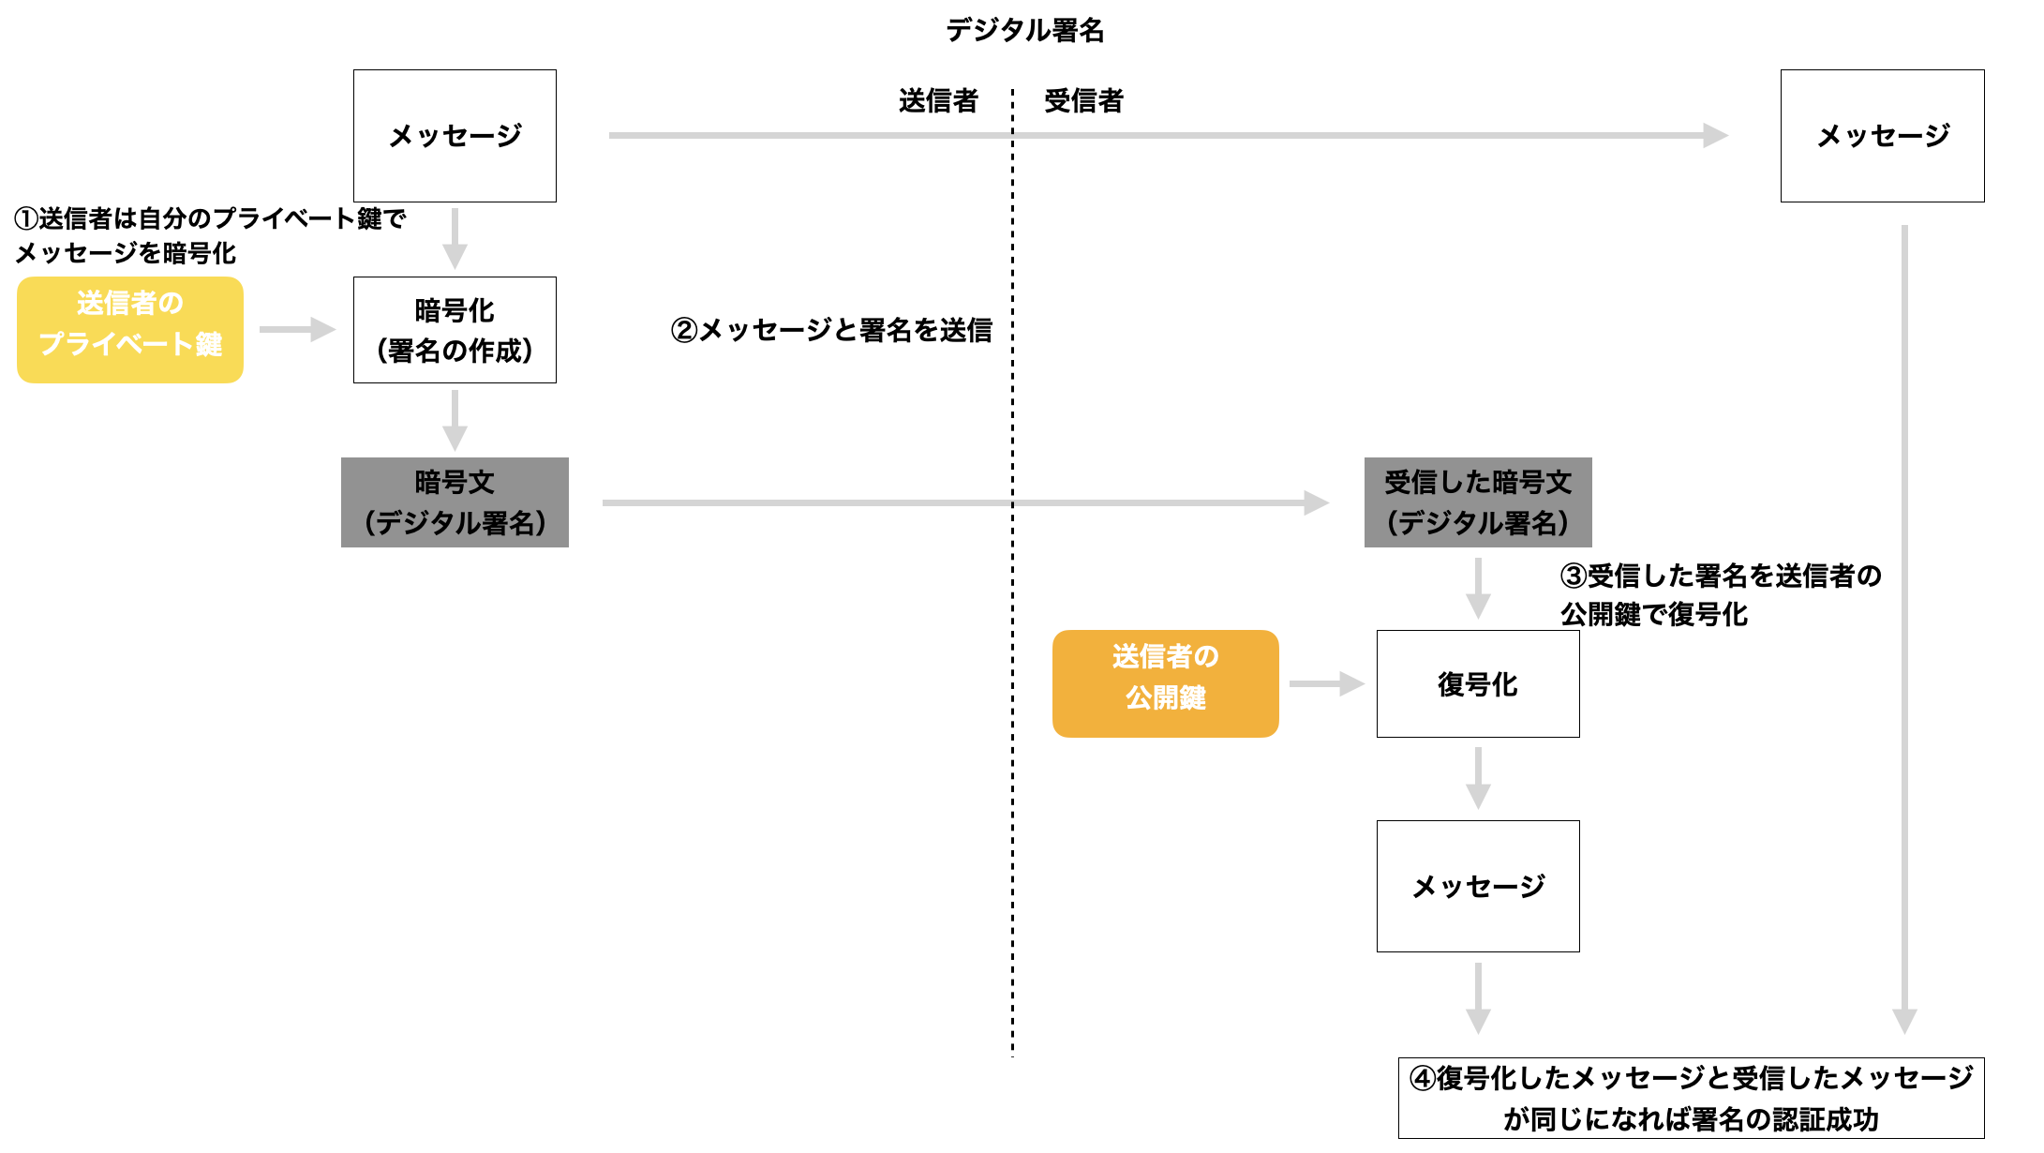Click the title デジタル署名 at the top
(x=1024, y=30)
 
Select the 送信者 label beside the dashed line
(x=938, y=100)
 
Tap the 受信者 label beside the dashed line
(x=1083, y=100)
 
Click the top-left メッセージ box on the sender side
(x=455, y=136)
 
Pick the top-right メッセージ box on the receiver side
(x=1882, y=136)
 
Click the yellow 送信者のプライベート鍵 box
(x=130, y=329)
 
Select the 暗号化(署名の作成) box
(x=455, y=329)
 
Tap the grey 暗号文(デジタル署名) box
(x=455, y=502)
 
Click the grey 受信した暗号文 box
(x=1478, y=502)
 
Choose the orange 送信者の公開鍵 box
(x=1165, y=683)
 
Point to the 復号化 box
(x=1478, y=683)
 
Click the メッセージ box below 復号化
(x=1478, y=886)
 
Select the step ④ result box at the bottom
(x=1691, y=1098)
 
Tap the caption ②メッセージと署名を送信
(x=831, y=330)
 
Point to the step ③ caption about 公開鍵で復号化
(x=1720, y=594)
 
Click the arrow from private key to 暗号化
(x=296, y=329)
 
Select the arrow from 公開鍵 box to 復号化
(x=1325, y=683)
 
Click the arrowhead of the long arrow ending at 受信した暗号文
(x=1316, y=503)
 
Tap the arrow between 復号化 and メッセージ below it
(x=1478, y=778)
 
